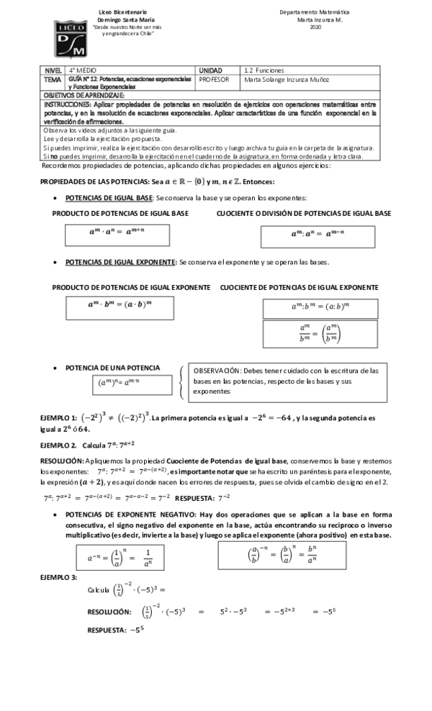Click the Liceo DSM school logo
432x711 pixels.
(x=71, y=38)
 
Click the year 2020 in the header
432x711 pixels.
(x=315, y=27)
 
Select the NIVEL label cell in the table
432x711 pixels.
(x=54, y=71)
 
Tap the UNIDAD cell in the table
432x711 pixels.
(x=210, y=71)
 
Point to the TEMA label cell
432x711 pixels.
(x=53, y=82)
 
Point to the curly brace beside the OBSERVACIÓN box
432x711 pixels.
(x=180, y=382)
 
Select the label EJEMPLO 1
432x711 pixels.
(x=58, y=418)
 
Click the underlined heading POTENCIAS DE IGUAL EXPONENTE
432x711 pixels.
(x=120, y=261)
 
